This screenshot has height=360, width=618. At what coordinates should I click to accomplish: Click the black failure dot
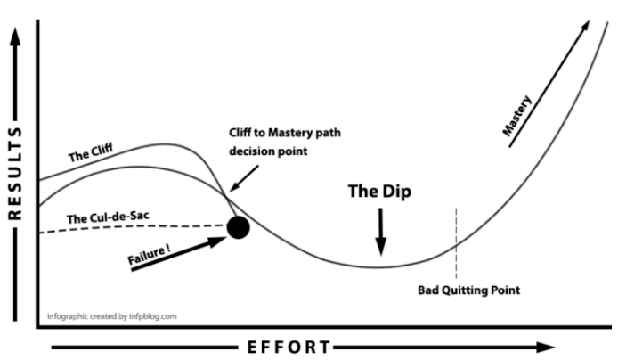coord(238,227)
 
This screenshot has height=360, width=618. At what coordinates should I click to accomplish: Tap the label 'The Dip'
coord(379,192)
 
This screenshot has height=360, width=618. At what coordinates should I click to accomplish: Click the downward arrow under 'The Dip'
coord(381,232)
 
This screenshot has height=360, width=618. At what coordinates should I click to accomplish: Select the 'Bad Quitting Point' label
coord(468,290)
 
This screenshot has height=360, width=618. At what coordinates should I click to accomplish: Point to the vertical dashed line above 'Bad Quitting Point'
coord(457,243)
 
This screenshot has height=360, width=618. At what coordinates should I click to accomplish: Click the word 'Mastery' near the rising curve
coord(516,116)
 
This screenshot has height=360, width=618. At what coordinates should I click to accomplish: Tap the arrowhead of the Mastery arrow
coord(585,26)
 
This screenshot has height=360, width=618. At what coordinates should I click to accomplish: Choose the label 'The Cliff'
coord(90,152)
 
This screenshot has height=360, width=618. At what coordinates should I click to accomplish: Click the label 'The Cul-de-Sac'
coord(108,217)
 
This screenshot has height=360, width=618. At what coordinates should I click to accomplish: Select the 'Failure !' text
coord(149,254)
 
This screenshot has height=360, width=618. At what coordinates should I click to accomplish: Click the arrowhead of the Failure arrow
coord(218,241)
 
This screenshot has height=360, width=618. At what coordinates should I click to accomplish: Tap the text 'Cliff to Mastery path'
coord(285,133)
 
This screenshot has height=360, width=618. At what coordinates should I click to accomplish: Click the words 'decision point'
coord(268,151)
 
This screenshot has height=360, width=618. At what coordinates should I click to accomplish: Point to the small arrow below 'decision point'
coord(244,178)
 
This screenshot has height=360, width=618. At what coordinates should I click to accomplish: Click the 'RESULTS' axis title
coord(15,174)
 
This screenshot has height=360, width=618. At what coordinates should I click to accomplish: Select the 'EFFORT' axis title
coord(289,348)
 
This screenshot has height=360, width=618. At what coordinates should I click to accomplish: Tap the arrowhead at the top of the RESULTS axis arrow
coord(15,37)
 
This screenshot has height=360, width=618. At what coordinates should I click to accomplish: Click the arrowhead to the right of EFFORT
coord(546,348)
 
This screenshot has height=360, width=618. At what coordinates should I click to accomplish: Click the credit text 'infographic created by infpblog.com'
coord(112,316)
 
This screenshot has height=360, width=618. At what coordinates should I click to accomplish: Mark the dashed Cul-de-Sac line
coord(134,226)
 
